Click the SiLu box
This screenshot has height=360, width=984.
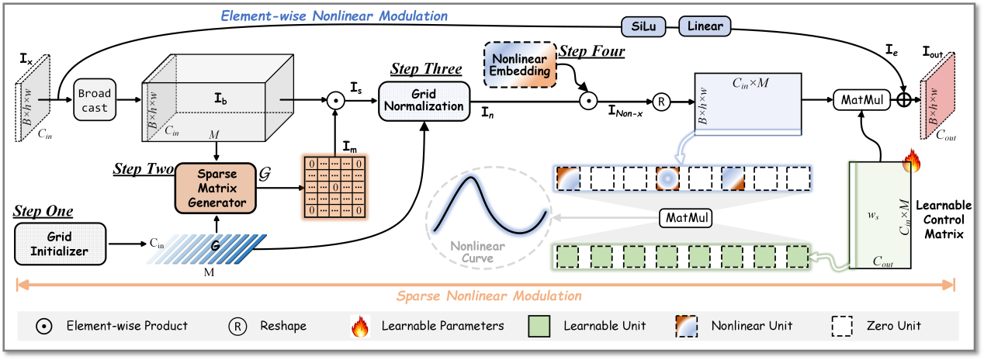pyautogui.click(x=646, y=26)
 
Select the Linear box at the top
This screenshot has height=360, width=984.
pyautogui.click(x=705, y=26)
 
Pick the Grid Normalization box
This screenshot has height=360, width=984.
pyautogui.click(x=424, y=101)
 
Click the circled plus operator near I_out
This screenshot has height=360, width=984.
pyautogui.click(x=903, y=99)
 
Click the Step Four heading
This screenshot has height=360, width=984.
pyautogui.click(x=592, y=53)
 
